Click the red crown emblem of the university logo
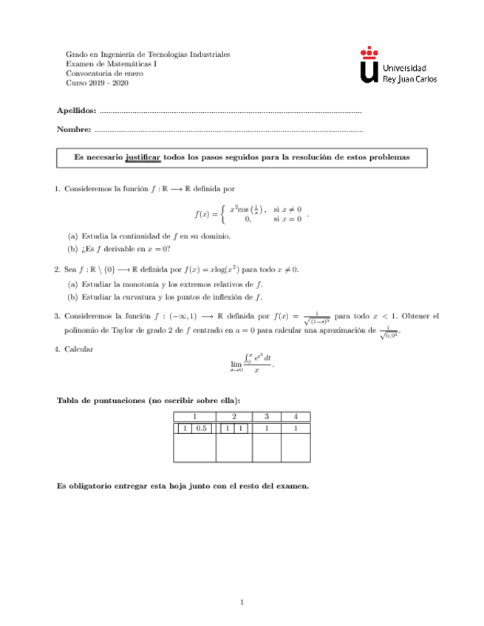(x=369, y=52)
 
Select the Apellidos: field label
(x=77, y=110)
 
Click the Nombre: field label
(x=74, y=130)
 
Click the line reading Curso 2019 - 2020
(x=98, y=83)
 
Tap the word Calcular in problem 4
(x=79, y=348)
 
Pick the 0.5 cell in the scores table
(x=202, y=427)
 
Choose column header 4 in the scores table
(x=296, y=416)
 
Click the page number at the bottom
(x=242, y=602)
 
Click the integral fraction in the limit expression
(x=258, y=363)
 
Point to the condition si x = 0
(x=287, y=219)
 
